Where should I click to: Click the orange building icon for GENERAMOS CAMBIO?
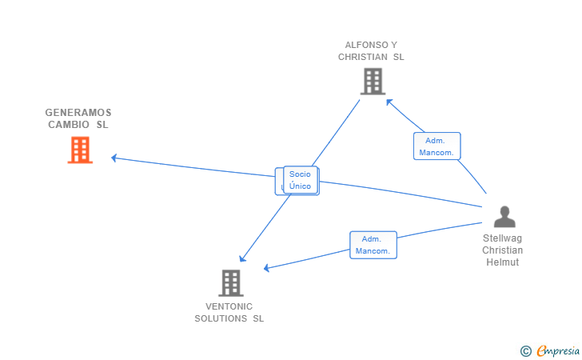[x=80, y=150]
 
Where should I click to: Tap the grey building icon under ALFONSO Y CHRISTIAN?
[x=373, y=82]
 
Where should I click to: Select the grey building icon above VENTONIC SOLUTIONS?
[x=231, y=282]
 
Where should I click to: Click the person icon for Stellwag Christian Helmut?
[x=504, y=217]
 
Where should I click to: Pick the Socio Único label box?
[x=301, y=180]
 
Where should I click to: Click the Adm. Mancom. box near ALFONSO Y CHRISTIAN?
[x=436, y=146]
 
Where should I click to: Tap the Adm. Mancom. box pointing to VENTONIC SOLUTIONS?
[x=373, y=245]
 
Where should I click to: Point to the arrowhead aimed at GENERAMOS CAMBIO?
[x=114, y=158]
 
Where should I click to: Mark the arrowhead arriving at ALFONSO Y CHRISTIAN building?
[x=389, y=102]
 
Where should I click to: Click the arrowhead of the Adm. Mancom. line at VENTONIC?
[x=266, y=268]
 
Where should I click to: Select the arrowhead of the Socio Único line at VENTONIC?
[x=242, y=258]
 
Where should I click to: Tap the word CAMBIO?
[x=69, y=125]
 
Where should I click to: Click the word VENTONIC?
[x=229, y=306]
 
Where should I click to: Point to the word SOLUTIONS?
[x=221, y=318]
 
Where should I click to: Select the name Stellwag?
[x=502, y=238]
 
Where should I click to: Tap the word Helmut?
[x=503, y=262]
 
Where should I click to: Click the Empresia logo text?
[x=558, y=350]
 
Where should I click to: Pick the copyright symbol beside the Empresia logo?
[x=526, y=351]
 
